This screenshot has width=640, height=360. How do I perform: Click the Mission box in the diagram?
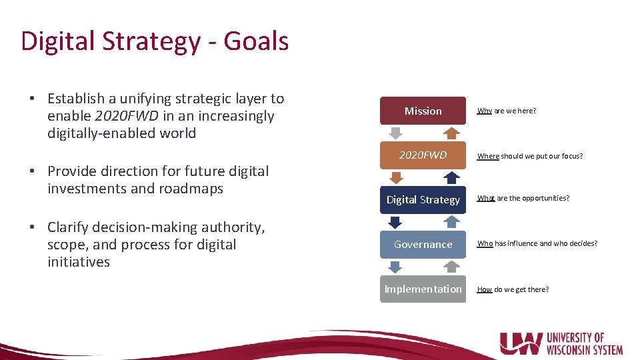click(x=423, y=111)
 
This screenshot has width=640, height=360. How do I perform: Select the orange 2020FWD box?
click(x=423, y=155)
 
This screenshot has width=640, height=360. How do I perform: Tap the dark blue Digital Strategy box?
click(x=423, y=200)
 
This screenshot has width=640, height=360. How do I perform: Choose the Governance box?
click(x=423, y=245)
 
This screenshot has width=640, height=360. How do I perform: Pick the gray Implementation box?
click(x=423, y=289)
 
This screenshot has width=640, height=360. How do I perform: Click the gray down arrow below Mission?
click(x=395, y=133)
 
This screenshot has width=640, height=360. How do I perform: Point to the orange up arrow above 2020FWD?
click(x=451, y=133)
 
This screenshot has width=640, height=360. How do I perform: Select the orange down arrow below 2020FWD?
click(x=395, y=177)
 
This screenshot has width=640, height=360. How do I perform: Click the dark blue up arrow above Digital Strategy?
click(x=451, y=177)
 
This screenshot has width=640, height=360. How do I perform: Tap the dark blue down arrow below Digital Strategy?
click(x=395, y=222)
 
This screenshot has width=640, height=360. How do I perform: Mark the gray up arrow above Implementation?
click(x=451, y=267)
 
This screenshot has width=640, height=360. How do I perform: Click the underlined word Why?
click(x=485, y=111)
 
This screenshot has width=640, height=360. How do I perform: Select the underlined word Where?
click(x=488, y=156)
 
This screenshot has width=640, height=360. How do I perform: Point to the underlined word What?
click(x=486, y=199)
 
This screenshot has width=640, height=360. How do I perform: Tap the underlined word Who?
click(x=485, y=244)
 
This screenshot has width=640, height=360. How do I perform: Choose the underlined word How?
click(x=485, y=289)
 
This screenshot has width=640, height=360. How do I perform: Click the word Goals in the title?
click(x=256, y=41)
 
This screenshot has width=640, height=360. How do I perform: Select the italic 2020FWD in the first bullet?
click(x=127, y=116)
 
